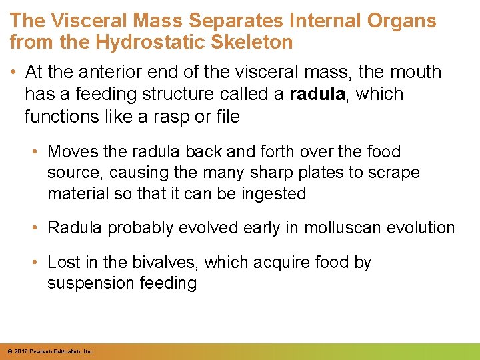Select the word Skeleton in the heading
(251, 43)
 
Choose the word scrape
(390, 173)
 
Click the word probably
(141, 228)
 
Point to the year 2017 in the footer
(21, 351)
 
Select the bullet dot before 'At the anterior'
(15, 72)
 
